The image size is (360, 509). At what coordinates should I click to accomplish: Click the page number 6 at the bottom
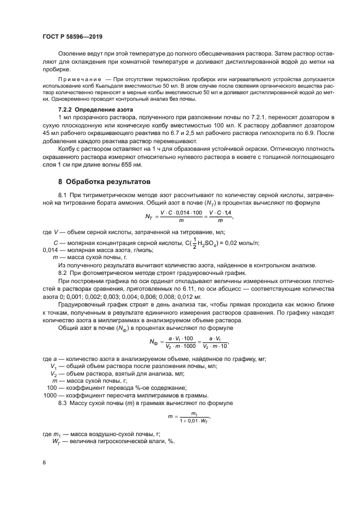pyautogui.click(x=44, y=462)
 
